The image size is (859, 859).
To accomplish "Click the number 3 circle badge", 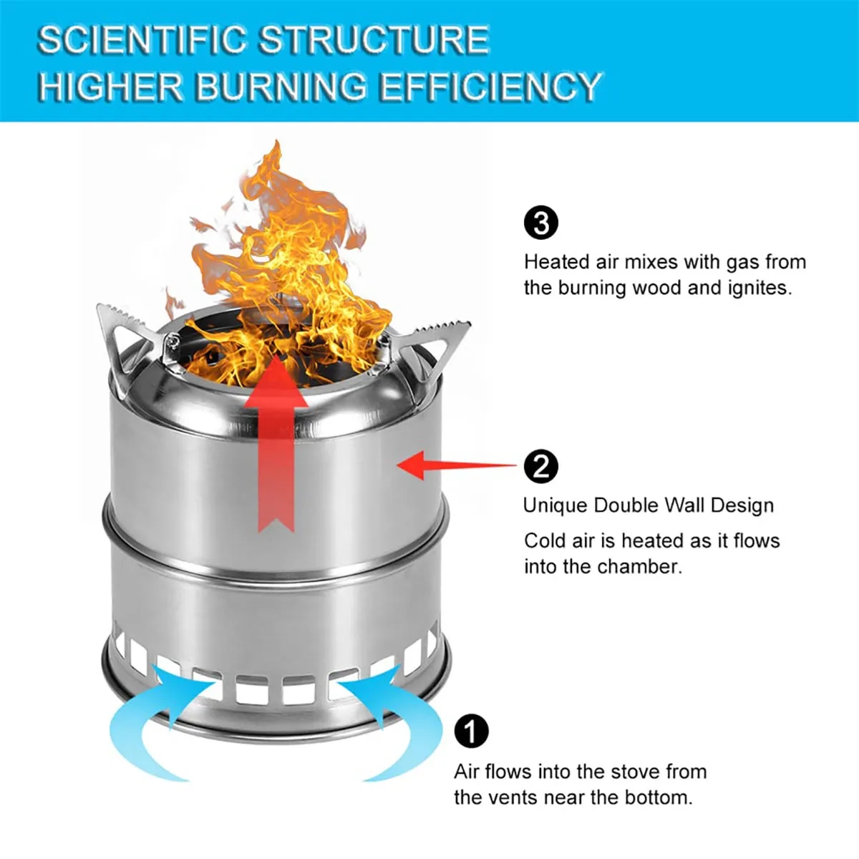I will pyautogui.click(x=541, y=223).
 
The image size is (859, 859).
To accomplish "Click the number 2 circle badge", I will pyautogui.click(x=541, y=467).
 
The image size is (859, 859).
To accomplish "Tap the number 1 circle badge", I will pyautogui.click(x=471, y=732).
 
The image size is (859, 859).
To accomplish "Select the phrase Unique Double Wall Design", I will pyautogui.click(x=648, y=505).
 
